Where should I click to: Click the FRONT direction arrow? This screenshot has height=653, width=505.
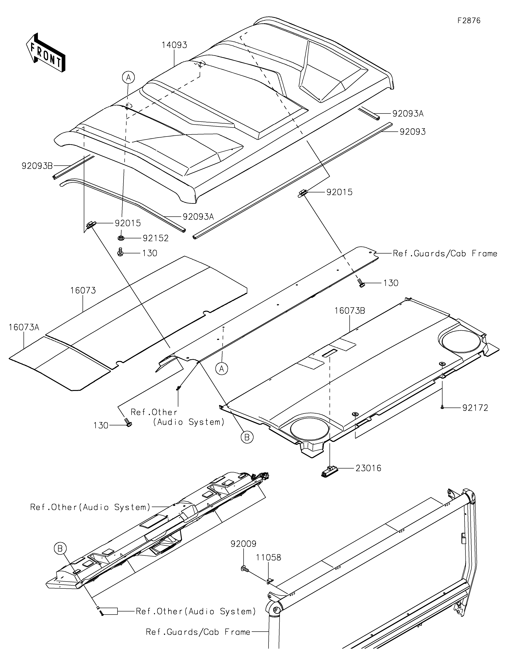(x=46, y=53)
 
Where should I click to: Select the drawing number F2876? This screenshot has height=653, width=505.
(x=469, y=21)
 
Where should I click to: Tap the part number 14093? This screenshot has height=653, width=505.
(x=174, y=45)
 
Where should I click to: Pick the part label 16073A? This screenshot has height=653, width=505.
(x=24, y=327)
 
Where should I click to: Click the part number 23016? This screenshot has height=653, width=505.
(x=368, y=468)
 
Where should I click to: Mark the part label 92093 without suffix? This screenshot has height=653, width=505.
(x=413, y=132)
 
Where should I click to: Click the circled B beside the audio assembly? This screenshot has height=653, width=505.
(x=60, y=549)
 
